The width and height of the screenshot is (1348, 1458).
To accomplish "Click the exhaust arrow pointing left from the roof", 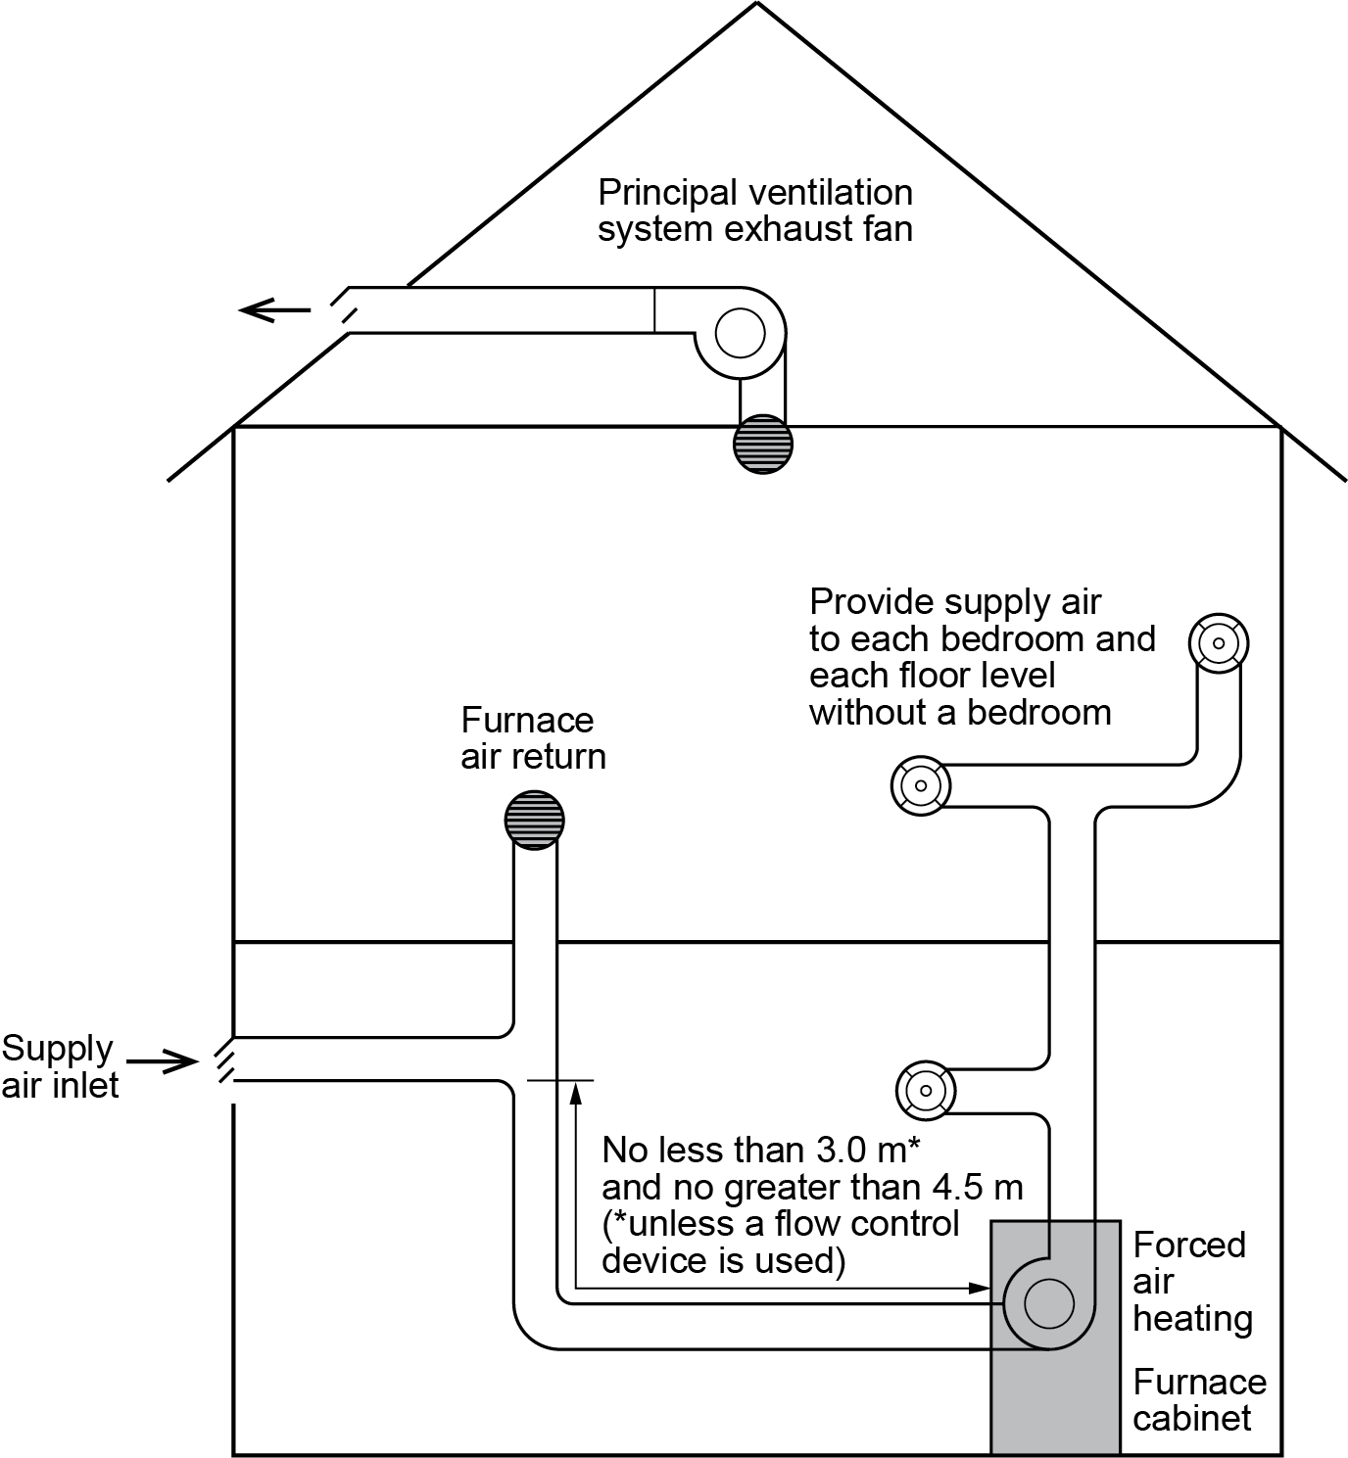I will coord(273,311).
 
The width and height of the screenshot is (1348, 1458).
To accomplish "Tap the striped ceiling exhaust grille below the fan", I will coord(762,445).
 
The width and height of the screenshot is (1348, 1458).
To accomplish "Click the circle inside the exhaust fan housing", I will coord(741,334).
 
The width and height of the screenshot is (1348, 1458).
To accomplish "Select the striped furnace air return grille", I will coord(534,821).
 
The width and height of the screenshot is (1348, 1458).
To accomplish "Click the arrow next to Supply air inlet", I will coord(163,1061).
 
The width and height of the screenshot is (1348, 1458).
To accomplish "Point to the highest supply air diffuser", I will coord(1219,643).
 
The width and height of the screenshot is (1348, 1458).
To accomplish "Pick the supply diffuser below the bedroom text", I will coord(921,785).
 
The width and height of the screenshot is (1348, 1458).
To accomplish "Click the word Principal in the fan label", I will coord(665,193).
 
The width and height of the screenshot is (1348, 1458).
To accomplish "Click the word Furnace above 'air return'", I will coord(527,721).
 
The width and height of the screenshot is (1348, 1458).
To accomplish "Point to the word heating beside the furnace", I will coord(1192,1319).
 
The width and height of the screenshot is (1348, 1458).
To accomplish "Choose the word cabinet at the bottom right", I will coord(1191,1419).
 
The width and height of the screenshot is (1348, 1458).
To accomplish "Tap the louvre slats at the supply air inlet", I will coord(223,1060).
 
